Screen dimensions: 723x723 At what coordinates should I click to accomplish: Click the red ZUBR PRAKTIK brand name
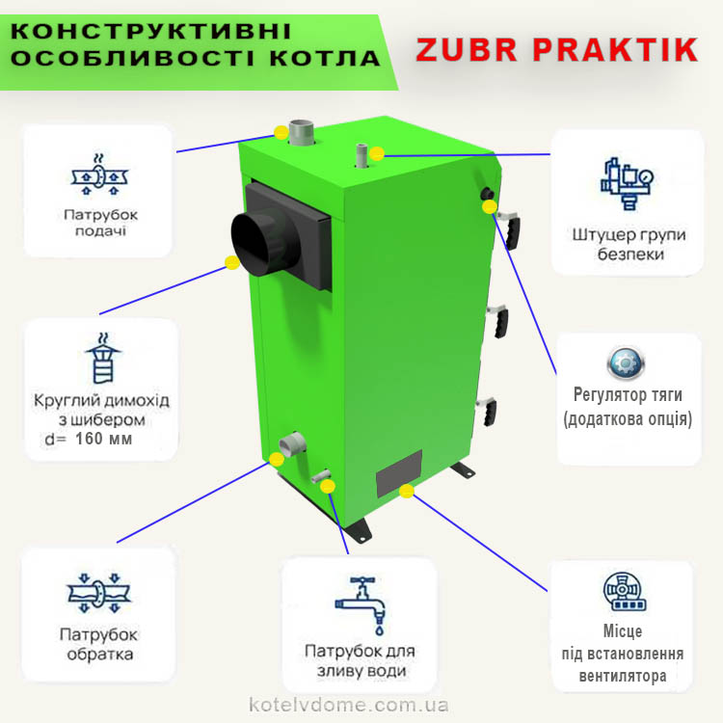pyautogui.click(x=557, y=50)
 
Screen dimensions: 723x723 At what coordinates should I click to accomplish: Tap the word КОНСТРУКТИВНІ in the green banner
pyautogui.click(x=150, y=31)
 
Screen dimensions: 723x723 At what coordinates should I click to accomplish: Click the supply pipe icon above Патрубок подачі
pyautogui.click(x=99, y=175)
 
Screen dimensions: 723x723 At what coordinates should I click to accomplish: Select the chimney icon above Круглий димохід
pyautogui.click(x=102, y=358)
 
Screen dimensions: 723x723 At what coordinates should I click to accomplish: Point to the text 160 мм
pyautogui.click(x=103, y=439)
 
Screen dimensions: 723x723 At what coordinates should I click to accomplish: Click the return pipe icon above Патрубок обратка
pyautogui.click(x=98, y=593)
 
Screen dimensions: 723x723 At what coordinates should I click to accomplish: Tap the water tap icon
pyautogui.click(x=361, y=605)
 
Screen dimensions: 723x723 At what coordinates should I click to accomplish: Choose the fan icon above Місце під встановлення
pyautogui.click(x=625, y=592)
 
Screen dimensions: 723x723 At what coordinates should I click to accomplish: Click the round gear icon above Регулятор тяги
pyautogui.click(x=626, y=363)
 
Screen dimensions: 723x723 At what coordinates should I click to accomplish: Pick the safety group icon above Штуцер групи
pyautogui.click(x=628, y=183)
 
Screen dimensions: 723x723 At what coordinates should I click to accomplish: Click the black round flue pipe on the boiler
pyautogui.click(x=264, y=244)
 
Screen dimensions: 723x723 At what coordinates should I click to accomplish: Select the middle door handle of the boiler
pyautogui.click(x=499, y=320)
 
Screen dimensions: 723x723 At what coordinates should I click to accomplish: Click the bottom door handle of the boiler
pyautogui.click(x=488, y=411)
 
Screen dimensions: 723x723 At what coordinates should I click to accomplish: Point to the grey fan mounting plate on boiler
pyautogui.click(x=399, y=473)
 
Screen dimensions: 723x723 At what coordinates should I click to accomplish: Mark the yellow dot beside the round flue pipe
pyautogui.click(x=232, y=263)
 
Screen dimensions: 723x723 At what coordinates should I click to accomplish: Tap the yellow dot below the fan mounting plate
pyautogui.click(x=406, y=491)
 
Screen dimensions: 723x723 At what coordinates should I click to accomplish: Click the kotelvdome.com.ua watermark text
pyautogui.click(x=349, y=704)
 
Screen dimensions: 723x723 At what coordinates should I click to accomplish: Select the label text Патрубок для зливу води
pyautogui.click(x=361, y=660)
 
